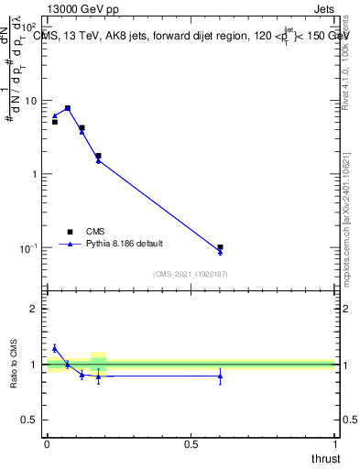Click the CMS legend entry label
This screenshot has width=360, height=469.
click(x=96, y=231)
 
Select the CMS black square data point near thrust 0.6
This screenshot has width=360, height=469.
click(x=220, y=247)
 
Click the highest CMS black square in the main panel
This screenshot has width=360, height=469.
click(x=68, y=108)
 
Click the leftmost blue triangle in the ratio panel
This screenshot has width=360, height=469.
click(x=54, y=347)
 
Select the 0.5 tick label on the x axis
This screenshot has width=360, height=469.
click(x=191, y=444)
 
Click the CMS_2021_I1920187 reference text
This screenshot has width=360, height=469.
click(x=190, y=274)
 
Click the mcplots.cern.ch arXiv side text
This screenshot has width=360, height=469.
click(x=345, y=202)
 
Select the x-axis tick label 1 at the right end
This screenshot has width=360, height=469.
click(x=335, y=444)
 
